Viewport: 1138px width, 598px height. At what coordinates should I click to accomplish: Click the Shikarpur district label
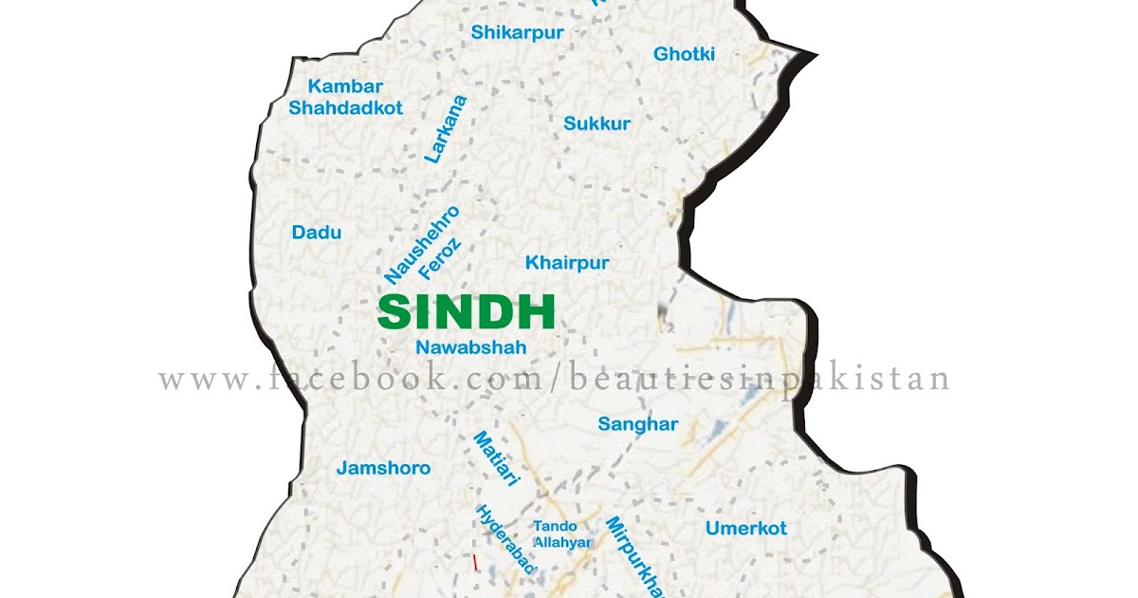(517, 33)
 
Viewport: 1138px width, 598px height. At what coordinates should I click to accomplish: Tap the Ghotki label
(684, 54)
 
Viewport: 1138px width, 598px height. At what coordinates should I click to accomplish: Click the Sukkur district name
(597, 123)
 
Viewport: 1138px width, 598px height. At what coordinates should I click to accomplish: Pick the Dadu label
(316, 233)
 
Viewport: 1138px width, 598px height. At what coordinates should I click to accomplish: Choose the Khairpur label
(567, 263)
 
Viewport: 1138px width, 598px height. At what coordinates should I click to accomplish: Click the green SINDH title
(466, 312)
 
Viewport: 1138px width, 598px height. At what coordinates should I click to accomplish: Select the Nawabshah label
(470, 348)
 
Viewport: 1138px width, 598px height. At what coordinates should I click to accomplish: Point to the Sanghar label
(637, 424)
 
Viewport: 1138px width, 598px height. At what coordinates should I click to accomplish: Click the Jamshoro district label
(383, 468)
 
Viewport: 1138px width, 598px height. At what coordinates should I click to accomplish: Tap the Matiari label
(497, 459)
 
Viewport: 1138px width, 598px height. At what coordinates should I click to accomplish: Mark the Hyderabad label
(506, 539)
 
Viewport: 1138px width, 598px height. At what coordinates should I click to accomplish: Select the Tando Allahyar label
(561, 534)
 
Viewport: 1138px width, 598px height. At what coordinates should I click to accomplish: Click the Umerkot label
(745, 529)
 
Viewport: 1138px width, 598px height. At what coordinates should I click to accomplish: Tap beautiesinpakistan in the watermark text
(759, 380)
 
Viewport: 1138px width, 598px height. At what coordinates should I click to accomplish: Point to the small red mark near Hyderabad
(475, 563)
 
